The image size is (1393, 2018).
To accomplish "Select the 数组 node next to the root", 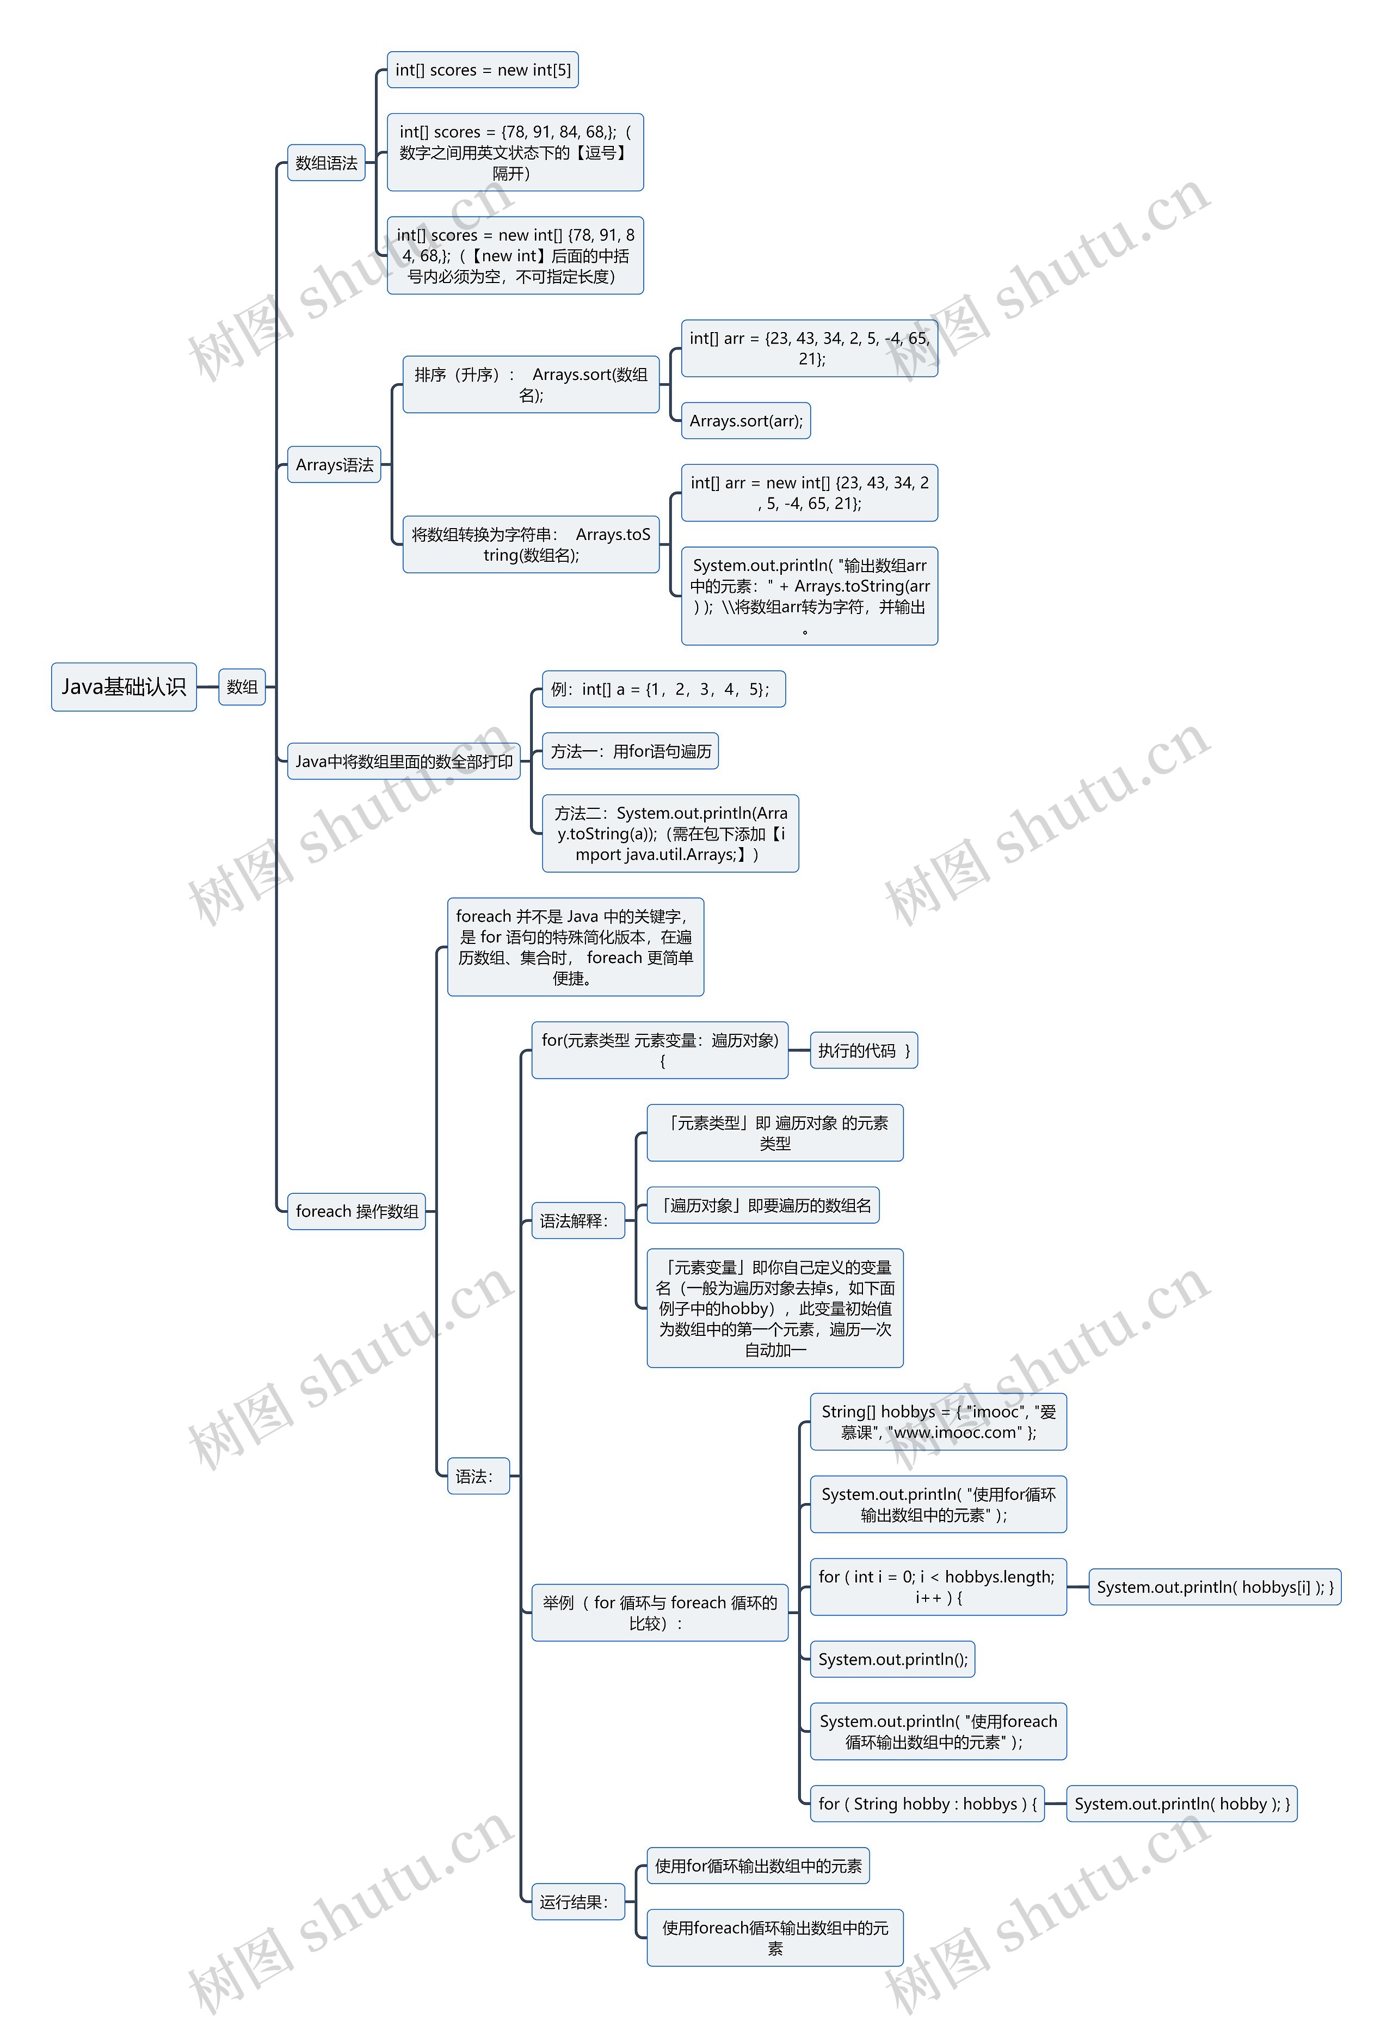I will tap(242, 687).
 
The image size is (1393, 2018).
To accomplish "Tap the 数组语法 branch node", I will tap(326, 163).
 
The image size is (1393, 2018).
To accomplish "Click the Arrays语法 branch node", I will tap(334, 464).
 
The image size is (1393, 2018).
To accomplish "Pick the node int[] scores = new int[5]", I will tap(483, 70).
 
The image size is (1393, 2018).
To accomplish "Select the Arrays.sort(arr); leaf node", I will tap(745, 421).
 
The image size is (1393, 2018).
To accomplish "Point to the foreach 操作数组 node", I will tap(356, 1211).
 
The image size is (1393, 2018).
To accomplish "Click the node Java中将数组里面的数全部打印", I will tap(403, 762).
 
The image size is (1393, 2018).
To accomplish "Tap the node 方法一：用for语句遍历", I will tap(630, 751).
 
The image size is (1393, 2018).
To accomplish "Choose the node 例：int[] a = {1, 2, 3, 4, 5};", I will tap(663, 689).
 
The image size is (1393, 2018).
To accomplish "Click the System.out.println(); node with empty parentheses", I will tap(892, 1659).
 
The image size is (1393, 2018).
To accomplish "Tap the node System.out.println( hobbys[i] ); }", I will tap(1214, 1587).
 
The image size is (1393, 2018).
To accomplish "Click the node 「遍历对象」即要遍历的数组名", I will tap(763, 1205).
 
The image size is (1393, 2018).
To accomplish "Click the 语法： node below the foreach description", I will tap(477, 1476).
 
